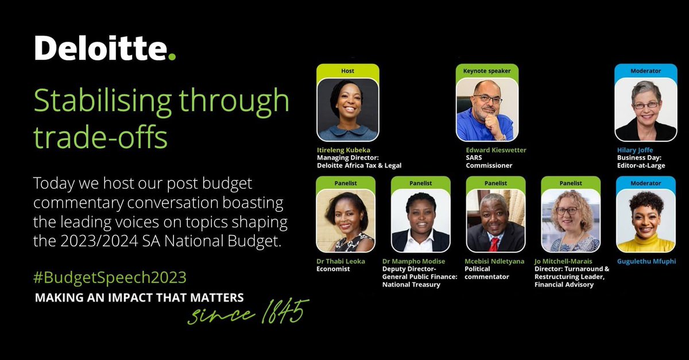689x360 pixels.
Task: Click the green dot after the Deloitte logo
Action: coord(172,56)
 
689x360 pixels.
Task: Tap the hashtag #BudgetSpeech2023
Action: coord(110,277)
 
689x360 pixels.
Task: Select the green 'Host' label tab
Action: coord(347,71)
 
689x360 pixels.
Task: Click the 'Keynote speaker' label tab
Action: coord(486,71)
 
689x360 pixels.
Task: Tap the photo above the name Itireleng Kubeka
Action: coord(347,110)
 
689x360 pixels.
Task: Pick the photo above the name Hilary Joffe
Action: coord(645,110)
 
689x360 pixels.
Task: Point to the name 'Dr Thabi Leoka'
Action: coord(340,261)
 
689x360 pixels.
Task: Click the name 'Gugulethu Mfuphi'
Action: coord(646,261)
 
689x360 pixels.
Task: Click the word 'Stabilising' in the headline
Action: coord(102,101)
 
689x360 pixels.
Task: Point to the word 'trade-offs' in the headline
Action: coord(100,138)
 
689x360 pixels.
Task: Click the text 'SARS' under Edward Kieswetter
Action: coord(475,158)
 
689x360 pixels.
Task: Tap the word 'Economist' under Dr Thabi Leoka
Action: coord(333,269)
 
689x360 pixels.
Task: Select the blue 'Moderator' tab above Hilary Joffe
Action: coord(645,71)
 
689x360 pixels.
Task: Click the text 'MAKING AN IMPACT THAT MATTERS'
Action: coord(140,298)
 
